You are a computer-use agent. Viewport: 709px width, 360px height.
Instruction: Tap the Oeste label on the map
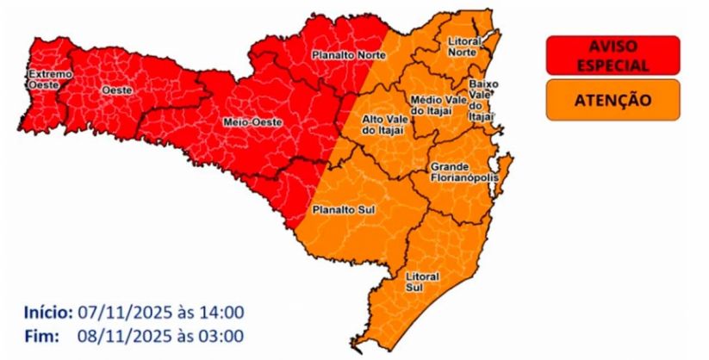point(110,90)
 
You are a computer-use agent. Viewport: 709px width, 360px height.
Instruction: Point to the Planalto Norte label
point(346,55)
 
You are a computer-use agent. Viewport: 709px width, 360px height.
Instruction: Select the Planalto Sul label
point(335,208)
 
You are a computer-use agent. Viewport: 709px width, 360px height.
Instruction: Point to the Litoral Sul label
point(421,281)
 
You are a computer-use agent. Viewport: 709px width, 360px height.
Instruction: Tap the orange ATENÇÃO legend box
point(613,100)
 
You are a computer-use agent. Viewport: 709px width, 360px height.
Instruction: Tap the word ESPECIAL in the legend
point(613,63)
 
